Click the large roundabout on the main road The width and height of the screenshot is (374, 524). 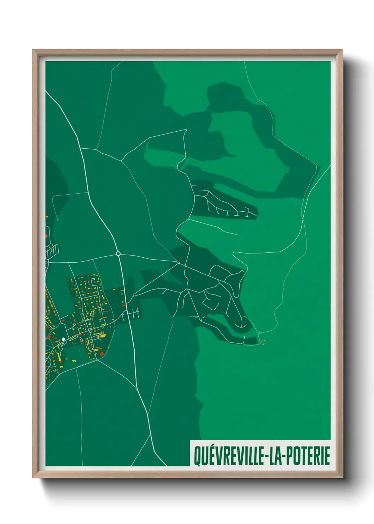tap(118, 254)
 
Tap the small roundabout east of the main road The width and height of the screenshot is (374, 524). tap(179, 263)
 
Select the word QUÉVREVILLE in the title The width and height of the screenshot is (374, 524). tap(229, 456)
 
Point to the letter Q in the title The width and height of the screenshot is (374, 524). tap(197, 456)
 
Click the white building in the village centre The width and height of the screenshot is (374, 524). tap(63, 340)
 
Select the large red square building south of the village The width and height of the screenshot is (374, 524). tap(102, 354)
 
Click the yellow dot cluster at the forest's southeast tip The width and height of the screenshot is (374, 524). tap(263, 342)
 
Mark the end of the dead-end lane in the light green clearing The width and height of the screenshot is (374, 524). tap(236, 234)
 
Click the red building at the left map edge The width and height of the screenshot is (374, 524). tap(46, 235)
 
